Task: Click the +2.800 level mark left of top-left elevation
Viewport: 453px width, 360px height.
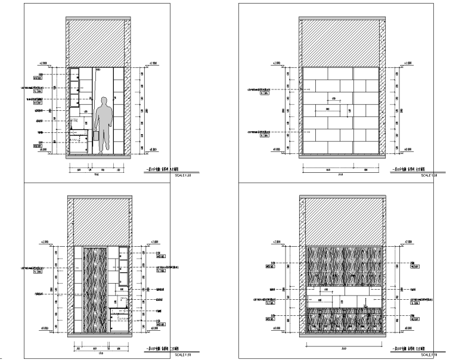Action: click(42, 62)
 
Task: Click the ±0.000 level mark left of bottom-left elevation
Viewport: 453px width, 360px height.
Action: click(42, 328)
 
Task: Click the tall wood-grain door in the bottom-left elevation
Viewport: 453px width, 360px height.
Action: click(95, 290)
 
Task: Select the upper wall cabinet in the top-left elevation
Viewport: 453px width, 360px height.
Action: click(75, 86)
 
